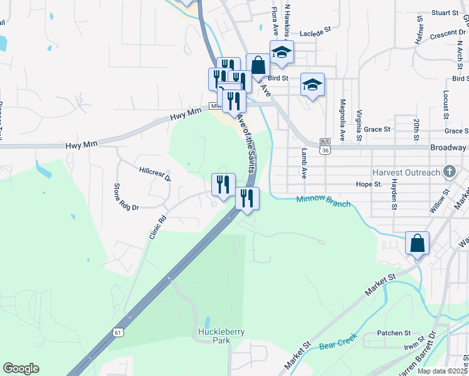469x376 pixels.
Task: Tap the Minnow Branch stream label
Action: pyautogui.click(x=323, y=201)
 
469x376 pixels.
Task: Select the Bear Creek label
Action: pyautogui.click(x=339, y=342)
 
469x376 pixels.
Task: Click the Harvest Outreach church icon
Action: pyautogui.click(x=449, y=171)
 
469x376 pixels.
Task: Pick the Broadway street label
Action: pyautogui.click(x=448, y=147)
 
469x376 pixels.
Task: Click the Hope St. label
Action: pyautogui.click(x=369, y=184)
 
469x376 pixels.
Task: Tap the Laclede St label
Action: pyautogui.click(x=319, y=34)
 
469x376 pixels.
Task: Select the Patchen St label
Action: pyautogui.click(x=393, y=333)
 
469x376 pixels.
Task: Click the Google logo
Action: pyautogui.click(x=21, y=368)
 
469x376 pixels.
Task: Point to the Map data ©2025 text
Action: pyautogui.click(x=441, y=371)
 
